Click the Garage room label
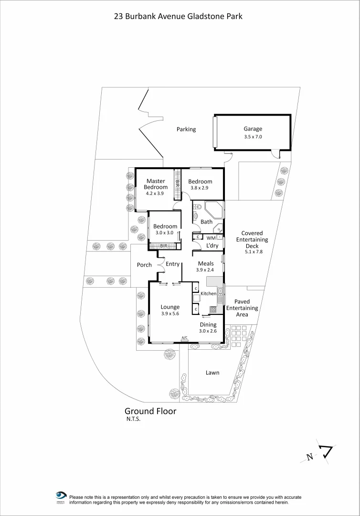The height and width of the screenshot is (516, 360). [x=253, y=129]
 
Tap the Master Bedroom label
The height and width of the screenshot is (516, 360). [x=156, y=184]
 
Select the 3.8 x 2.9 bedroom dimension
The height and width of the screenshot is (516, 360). [x=200, y=188]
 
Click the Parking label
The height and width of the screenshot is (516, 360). [x=186, y=129]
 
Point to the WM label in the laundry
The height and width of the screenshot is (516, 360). [x=211, y=238]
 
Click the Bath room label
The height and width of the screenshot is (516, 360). [x=206, y=222]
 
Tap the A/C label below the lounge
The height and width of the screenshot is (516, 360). [x=184, y=338]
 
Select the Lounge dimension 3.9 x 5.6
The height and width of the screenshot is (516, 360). [x=170, y=313]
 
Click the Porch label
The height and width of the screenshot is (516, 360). [x=144, y=265]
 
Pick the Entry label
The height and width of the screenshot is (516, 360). [x=173, y=264]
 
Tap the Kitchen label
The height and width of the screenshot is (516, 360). [x=208, y=293]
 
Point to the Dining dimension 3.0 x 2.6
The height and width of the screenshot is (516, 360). [x=208, y=331]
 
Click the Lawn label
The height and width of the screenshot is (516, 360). [x=212, y=373]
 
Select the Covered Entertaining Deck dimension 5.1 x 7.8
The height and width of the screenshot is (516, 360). [x=252, y=252]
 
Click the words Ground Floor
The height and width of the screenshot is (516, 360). [x=150, y=411]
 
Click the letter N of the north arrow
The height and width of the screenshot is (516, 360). [x=310, y=457]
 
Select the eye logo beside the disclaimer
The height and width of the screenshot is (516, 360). [x=61, y=496]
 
